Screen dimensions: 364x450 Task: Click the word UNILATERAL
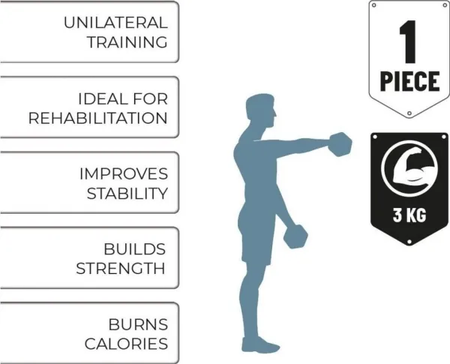click(x=115, y=22)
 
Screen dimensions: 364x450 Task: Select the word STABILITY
click(x=126, y=193)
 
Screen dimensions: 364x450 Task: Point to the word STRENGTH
click(x=121, y=268)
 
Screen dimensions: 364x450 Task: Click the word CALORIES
click(x=125, y=344)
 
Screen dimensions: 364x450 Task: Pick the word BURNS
click(x=139, y=325)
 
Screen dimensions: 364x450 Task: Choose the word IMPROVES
click(x=123, y=173)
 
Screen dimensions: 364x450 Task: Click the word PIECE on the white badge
click(x=408, y=80)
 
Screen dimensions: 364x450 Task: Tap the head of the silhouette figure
click(x=262, y=112)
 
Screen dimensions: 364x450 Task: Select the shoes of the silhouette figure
click(x=258, y=344)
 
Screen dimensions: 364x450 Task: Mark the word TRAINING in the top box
click(x=127, y=41)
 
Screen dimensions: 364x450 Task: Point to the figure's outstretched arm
click(x=300, y=145)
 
